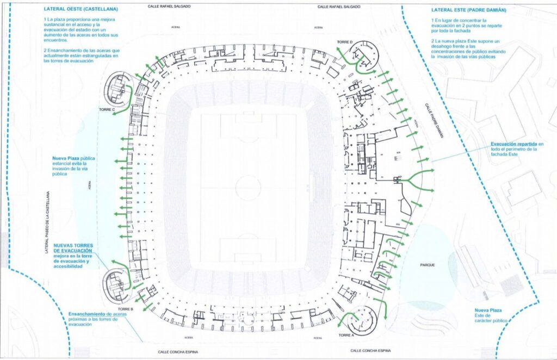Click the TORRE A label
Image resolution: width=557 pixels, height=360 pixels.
click(345, 335)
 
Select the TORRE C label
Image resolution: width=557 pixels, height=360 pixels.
click(106, 110)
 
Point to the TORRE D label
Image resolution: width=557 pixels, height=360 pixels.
click(344, 42)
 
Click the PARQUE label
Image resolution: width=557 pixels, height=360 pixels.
click(428, 265)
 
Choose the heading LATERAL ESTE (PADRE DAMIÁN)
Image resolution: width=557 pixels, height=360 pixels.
click(469, 10)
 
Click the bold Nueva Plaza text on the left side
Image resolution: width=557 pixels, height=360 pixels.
click(66, 157)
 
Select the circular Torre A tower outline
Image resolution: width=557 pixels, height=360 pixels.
click(360, 321)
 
